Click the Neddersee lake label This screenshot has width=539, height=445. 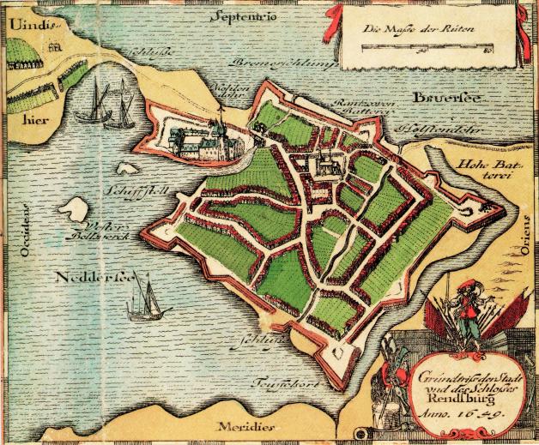tap(85, 279)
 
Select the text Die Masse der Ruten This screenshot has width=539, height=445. tap(407, 31)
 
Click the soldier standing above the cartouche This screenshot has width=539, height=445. tap(465, 310)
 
